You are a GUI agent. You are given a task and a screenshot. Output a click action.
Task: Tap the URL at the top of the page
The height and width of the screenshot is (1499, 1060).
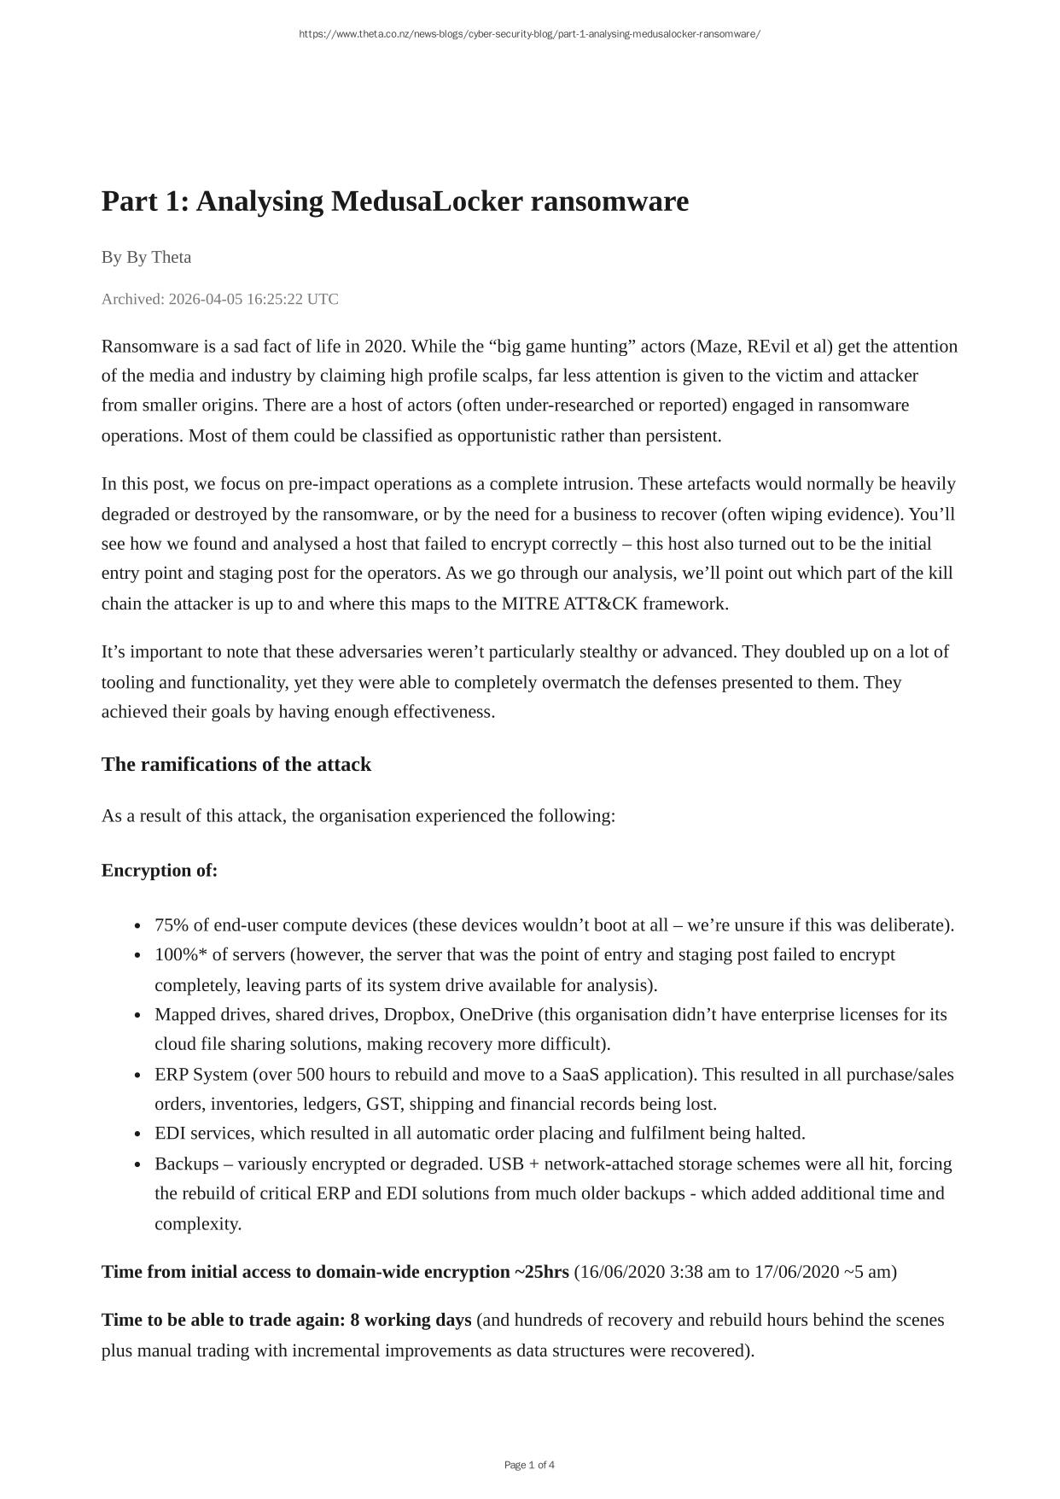pyautogui.click(x=529, y=34)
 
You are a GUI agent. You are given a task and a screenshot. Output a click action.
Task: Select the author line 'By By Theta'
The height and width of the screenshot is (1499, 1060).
pyautogui.click(x=146, y=257)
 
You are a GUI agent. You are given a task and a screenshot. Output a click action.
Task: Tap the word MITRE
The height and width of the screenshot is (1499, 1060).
pyautogui.click(x=530, y=604)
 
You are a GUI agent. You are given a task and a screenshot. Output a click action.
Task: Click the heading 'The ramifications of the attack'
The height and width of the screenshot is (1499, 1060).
pyautogui.click(x=236, y=764)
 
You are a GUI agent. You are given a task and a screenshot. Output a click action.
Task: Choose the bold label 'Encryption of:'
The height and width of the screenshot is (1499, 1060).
pyautogui.click(x=160, y=870)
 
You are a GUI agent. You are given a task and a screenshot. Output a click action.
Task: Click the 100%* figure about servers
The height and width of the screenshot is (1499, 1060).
pyautogui.click(x=181, y=954)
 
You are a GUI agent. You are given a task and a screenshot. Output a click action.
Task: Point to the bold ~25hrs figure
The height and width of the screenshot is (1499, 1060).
pyautogui.click(x=541, y=1272)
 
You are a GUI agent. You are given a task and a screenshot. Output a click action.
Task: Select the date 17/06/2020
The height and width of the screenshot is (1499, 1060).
pyautogui.click(x=796, y=1272)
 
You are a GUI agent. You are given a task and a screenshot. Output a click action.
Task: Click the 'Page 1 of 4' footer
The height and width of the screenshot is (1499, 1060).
pyautogui.click(x=529, y=1465)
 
